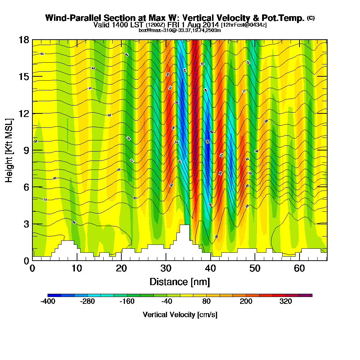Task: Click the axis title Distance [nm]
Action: pyautogui.click(x=180, y=282)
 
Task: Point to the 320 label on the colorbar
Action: pyautogui.click(x=286, y=302)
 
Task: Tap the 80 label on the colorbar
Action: pyautogui.click(x=207, y=302)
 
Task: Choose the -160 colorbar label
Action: pyautogui.click(x=127, y=302)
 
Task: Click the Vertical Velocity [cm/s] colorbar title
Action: pyautogui.click(x=180, y=315)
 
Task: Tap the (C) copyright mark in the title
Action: pyautogui.click(x=311, y=18)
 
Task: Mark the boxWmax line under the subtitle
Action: pyautogui.click(x=180, y=30)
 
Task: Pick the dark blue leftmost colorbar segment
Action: pyautogui.click(x=54, y=295)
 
